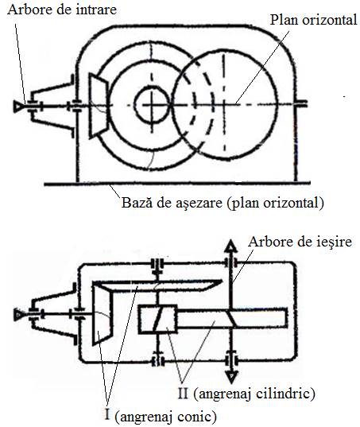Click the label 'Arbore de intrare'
[x=62, y=10]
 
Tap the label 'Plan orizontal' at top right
[x=313, y=20]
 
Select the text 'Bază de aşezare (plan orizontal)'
[x=223, y=203]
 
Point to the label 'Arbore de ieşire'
[x=300, y=242]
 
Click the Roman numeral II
[x=183, y=394]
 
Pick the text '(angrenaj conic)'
[x=165, y=417]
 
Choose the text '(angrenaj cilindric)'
[x=254, y=394]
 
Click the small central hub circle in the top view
[x=152, y=104]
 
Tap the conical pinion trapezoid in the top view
[x=99, y=105]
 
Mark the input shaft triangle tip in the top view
[x=14, y=107]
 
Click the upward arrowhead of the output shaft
[x=230, y=246]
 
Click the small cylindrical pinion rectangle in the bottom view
[x=157, y=319]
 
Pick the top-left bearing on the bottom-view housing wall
[x=157, y=263]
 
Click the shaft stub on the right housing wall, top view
[x=300, y=103]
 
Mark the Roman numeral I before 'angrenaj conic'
[x=107, y=415]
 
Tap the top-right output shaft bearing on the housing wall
[x=230, y=263]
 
